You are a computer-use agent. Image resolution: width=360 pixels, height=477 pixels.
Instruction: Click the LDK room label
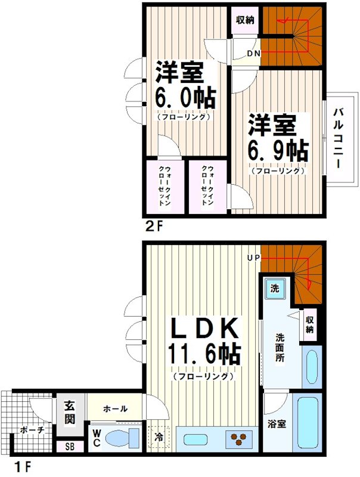[x=206, y=329]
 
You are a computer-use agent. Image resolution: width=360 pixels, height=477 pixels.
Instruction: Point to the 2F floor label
[x=154, y=227]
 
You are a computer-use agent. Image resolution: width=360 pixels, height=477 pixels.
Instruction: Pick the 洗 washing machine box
[x=275, y=288]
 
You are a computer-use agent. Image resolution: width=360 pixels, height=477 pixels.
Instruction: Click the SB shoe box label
[x=69, y=446]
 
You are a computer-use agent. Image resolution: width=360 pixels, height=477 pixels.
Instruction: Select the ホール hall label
[x=115, y=409]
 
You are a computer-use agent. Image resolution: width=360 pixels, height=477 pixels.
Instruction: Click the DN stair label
[x=254, y=54]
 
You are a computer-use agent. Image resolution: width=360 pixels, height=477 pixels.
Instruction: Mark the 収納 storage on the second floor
[x=245, y=20]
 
